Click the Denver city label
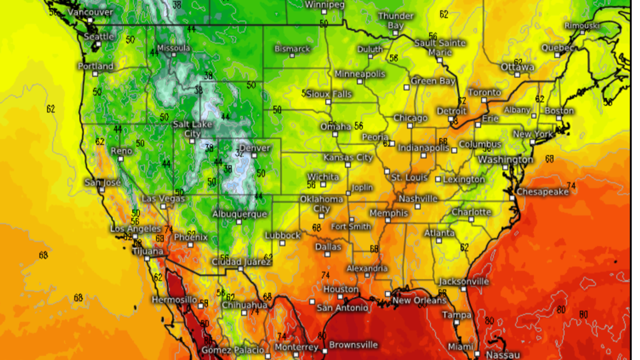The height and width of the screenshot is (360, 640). coord(254,148)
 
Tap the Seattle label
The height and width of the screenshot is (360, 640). coord(99,37)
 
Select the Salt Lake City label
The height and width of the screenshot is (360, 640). coord(192,129)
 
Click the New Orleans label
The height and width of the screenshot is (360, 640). coord(419,300)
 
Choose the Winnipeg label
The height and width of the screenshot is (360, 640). coord(325,5)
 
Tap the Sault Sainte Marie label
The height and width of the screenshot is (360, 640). coord(440,47)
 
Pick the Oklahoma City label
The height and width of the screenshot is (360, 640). coord(321,204)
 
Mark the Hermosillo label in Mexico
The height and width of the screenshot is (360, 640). coord(174,299)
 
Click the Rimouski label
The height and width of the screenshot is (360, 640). coord(582,26)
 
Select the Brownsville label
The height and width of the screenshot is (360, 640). coord(353,345)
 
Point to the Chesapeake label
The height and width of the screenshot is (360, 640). coord(542,191)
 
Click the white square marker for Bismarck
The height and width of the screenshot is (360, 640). coord(292,56)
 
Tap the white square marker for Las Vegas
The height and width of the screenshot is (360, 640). coord(163,206)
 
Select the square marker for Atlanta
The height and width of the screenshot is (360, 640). coord(438,241)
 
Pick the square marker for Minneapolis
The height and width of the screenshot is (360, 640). coord(360,82)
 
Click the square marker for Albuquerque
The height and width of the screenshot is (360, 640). coord(239,222)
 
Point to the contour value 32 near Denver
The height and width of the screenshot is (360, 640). coord(240,153)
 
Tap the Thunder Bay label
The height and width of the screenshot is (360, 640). coord(395,21)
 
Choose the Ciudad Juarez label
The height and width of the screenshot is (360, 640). coord(241,262)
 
